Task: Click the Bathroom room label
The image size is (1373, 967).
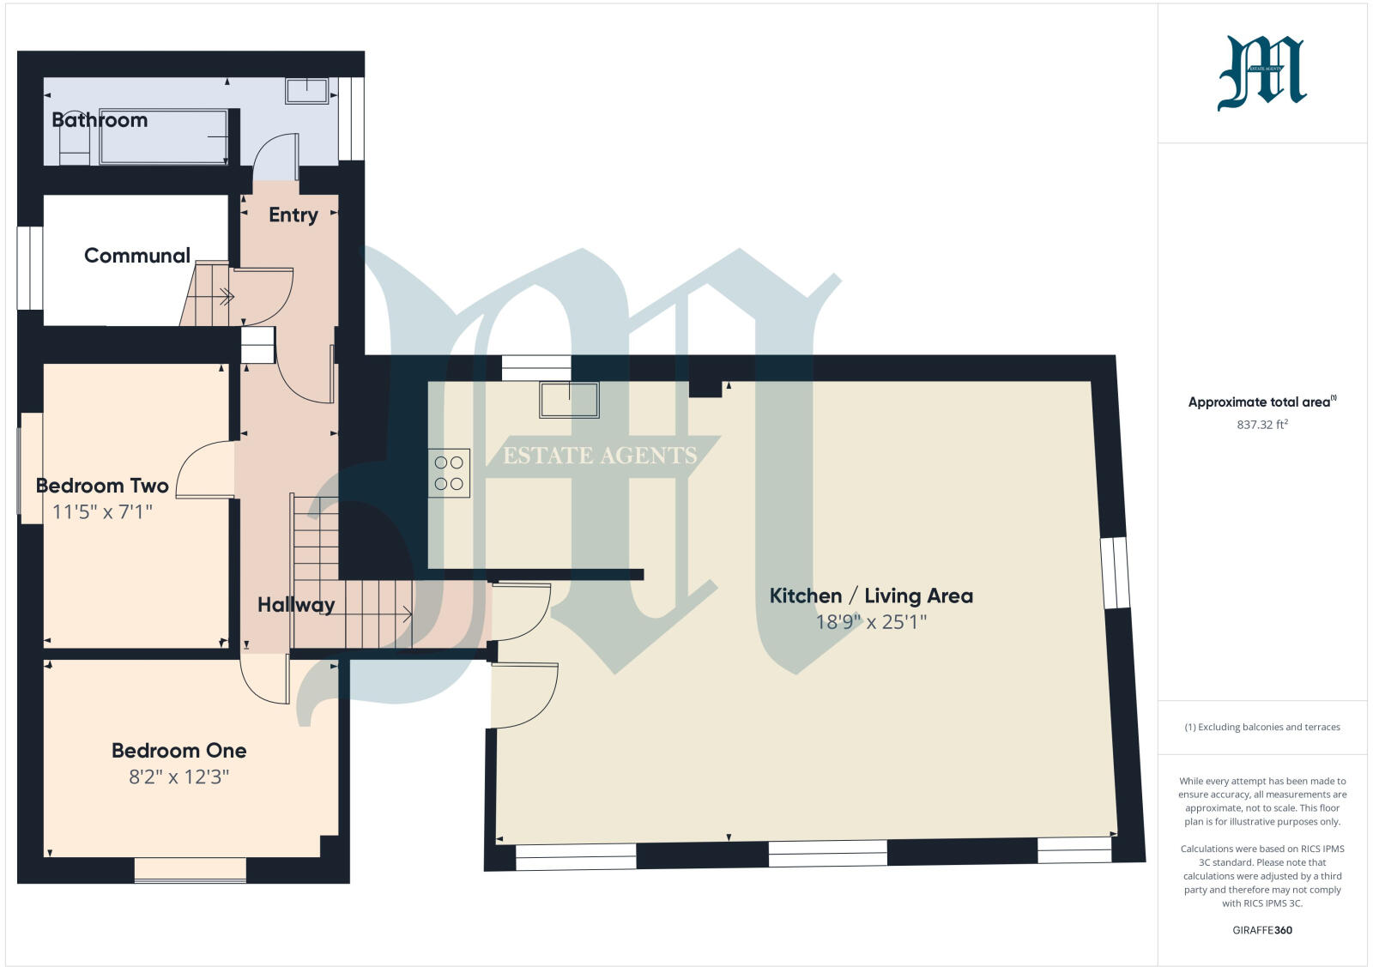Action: (100, 120)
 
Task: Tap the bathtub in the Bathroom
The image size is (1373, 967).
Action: (163, 136)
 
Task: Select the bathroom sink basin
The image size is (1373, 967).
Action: (306, 91)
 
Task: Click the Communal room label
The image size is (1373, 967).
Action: (137, 256)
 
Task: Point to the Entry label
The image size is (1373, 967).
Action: (293, 215)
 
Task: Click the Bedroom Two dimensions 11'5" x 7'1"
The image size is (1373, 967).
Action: (102, 512)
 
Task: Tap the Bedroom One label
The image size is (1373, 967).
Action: (178, 751)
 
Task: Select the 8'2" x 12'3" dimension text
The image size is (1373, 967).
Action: (178, 777)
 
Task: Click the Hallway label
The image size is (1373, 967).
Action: (296, 605)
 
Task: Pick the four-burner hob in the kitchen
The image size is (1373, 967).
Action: (449, 473)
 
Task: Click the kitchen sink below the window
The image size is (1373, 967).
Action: (569, 400)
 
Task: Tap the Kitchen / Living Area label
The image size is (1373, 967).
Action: (871, 595)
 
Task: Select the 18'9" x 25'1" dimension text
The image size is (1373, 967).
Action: (871, 622)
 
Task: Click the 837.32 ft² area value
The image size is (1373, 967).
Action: (1262, 425)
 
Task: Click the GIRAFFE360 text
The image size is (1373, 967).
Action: (1262, 930)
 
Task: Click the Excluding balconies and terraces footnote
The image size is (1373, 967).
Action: (1262, 727)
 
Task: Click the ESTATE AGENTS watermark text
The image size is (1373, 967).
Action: (600, 456)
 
